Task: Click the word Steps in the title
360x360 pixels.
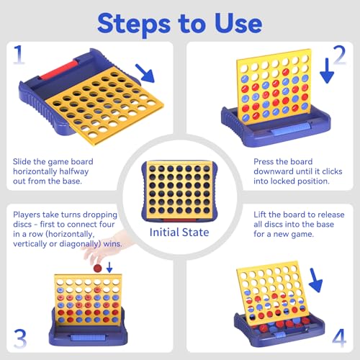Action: click(134, 24)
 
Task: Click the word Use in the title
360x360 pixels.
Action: click(238, 23)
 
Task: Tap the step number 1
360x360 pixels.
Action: click(19, 55)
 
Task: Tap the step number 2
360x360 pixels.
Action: click(339, 55)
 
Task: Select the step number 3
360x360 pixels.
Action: click(20, 338)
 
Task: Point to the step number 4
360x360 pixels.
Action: click(339, 338)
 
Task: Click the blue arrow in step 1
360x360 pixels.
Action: click(145, 73)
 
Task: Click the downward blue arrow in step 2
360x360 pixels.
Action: click(327, 71)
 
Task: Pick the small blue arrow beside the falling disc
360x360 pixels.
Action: click(109, 267)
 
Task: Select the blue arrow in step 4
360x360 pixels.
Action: click(315, 280)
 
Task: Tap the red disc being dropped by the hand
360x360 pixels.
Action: click(97, 268)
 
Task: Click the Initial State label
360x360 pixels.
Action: click(179, 233)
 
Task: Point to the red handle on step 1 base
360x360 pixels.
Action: click(59, 70)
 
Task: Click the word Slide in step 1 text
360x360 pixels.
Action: click(22, 161)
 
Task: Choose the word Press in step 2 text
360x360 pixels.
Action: click(263, 161)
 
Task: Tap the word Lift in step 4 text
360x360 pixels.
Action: click(259, 215)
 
